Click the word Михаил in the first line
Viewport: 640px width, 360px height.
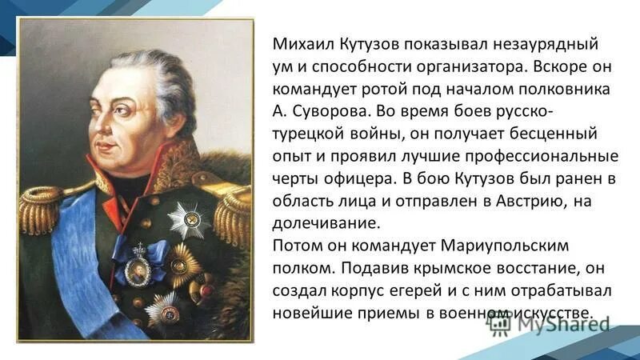(x=298, y=41)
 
